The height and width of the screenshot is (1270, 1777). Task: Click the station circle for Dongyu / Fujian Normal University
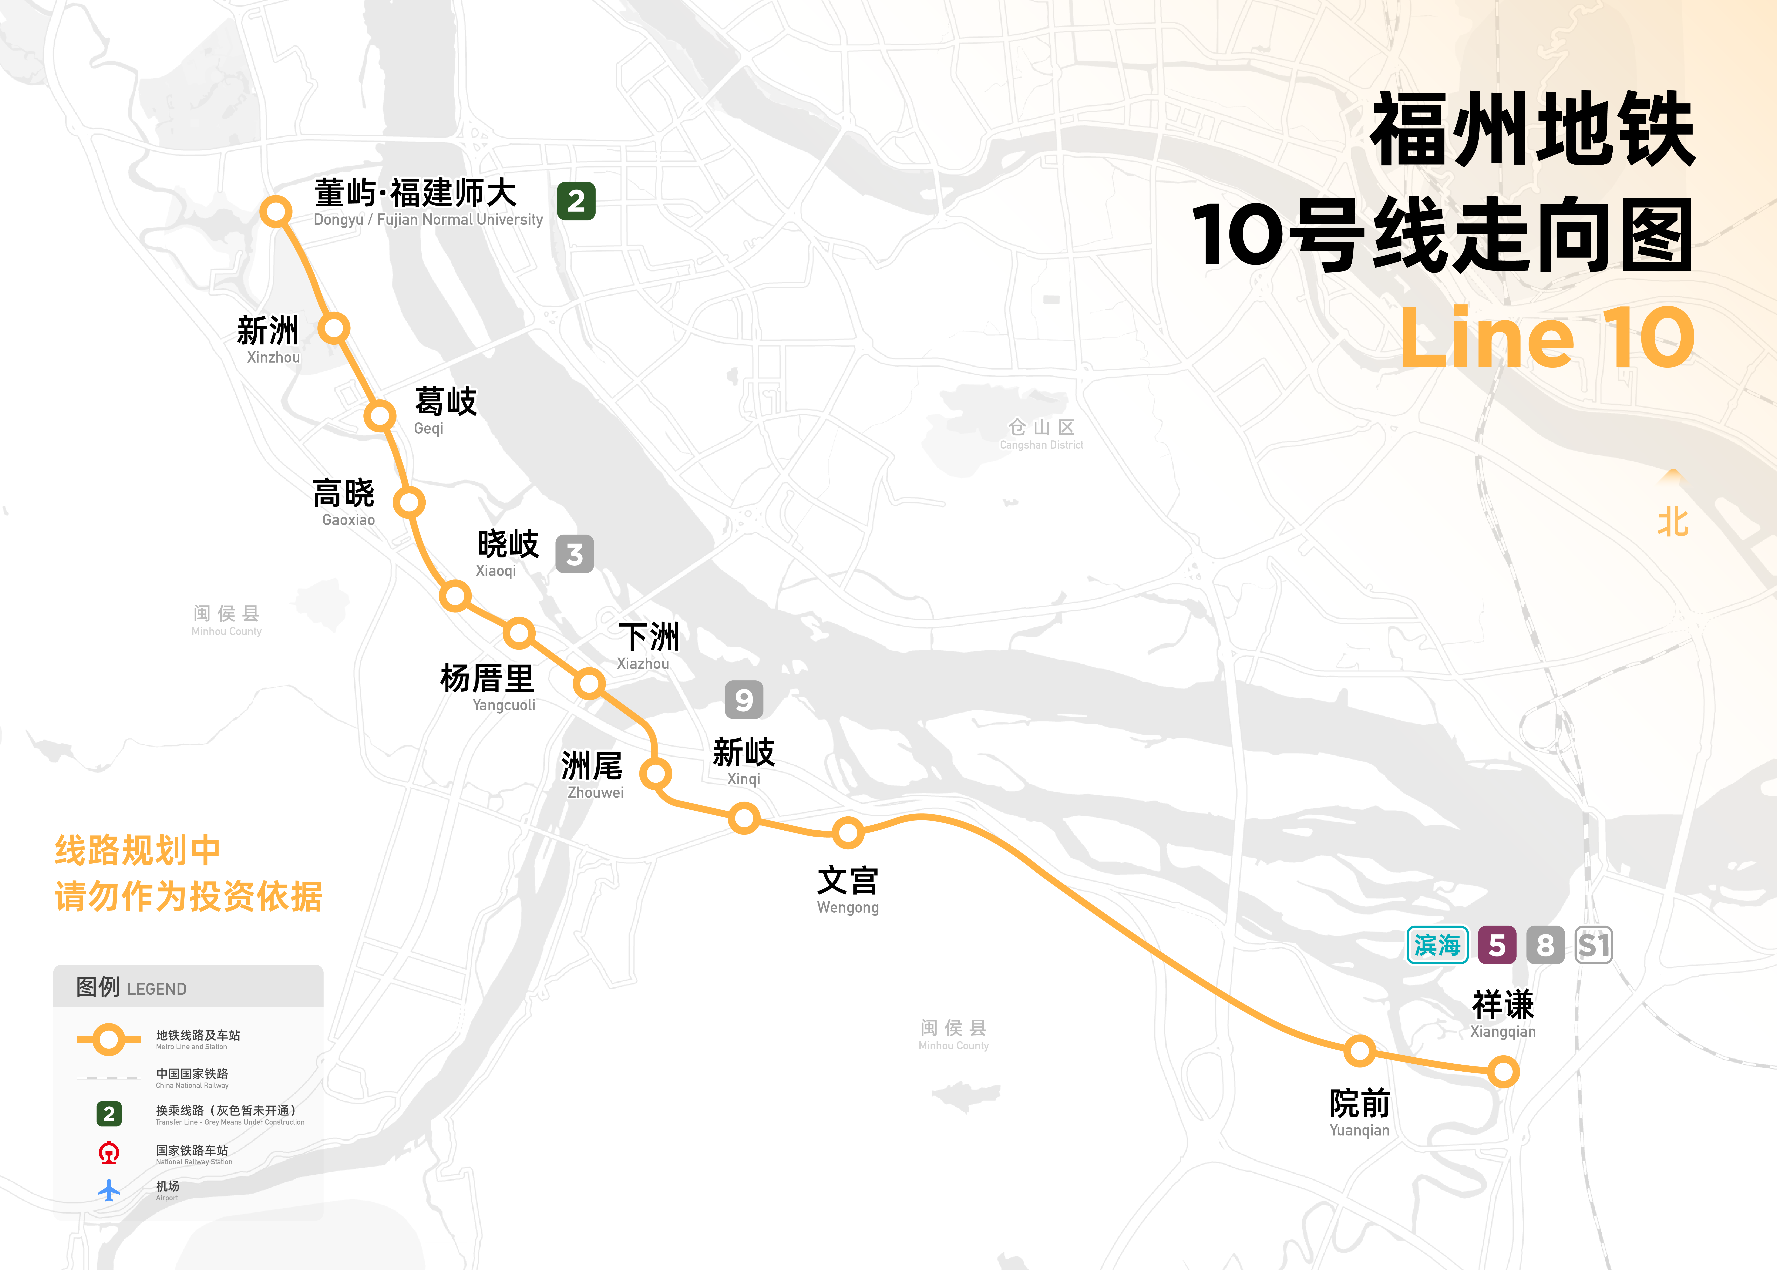pyautogui.click(x=276, y=211)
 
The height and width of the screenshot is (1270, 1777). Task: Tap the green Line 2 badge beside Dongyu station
pyautogui.click(x=576, y=201)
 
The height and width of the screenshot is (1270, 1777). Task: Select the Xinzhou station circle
pyautogui.click(x=334, y=328)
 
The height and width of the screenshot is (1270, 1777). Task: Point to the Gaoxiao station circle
pyautogui.click(x=408, y=502)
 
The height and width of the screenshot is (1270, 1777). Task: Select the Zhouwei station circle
pyautogui.click(x=656, y=774)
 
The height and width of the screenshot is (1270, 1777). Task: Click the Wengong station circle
pyautogui.click(x=848, y=833)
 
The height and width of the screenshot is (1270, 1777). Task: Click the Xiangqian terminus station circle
pyautogui.click(x=1502, y=1071)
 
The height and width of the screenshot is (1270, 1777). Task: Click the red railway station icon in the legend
pyautogui.click(x=109, y=1153)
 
